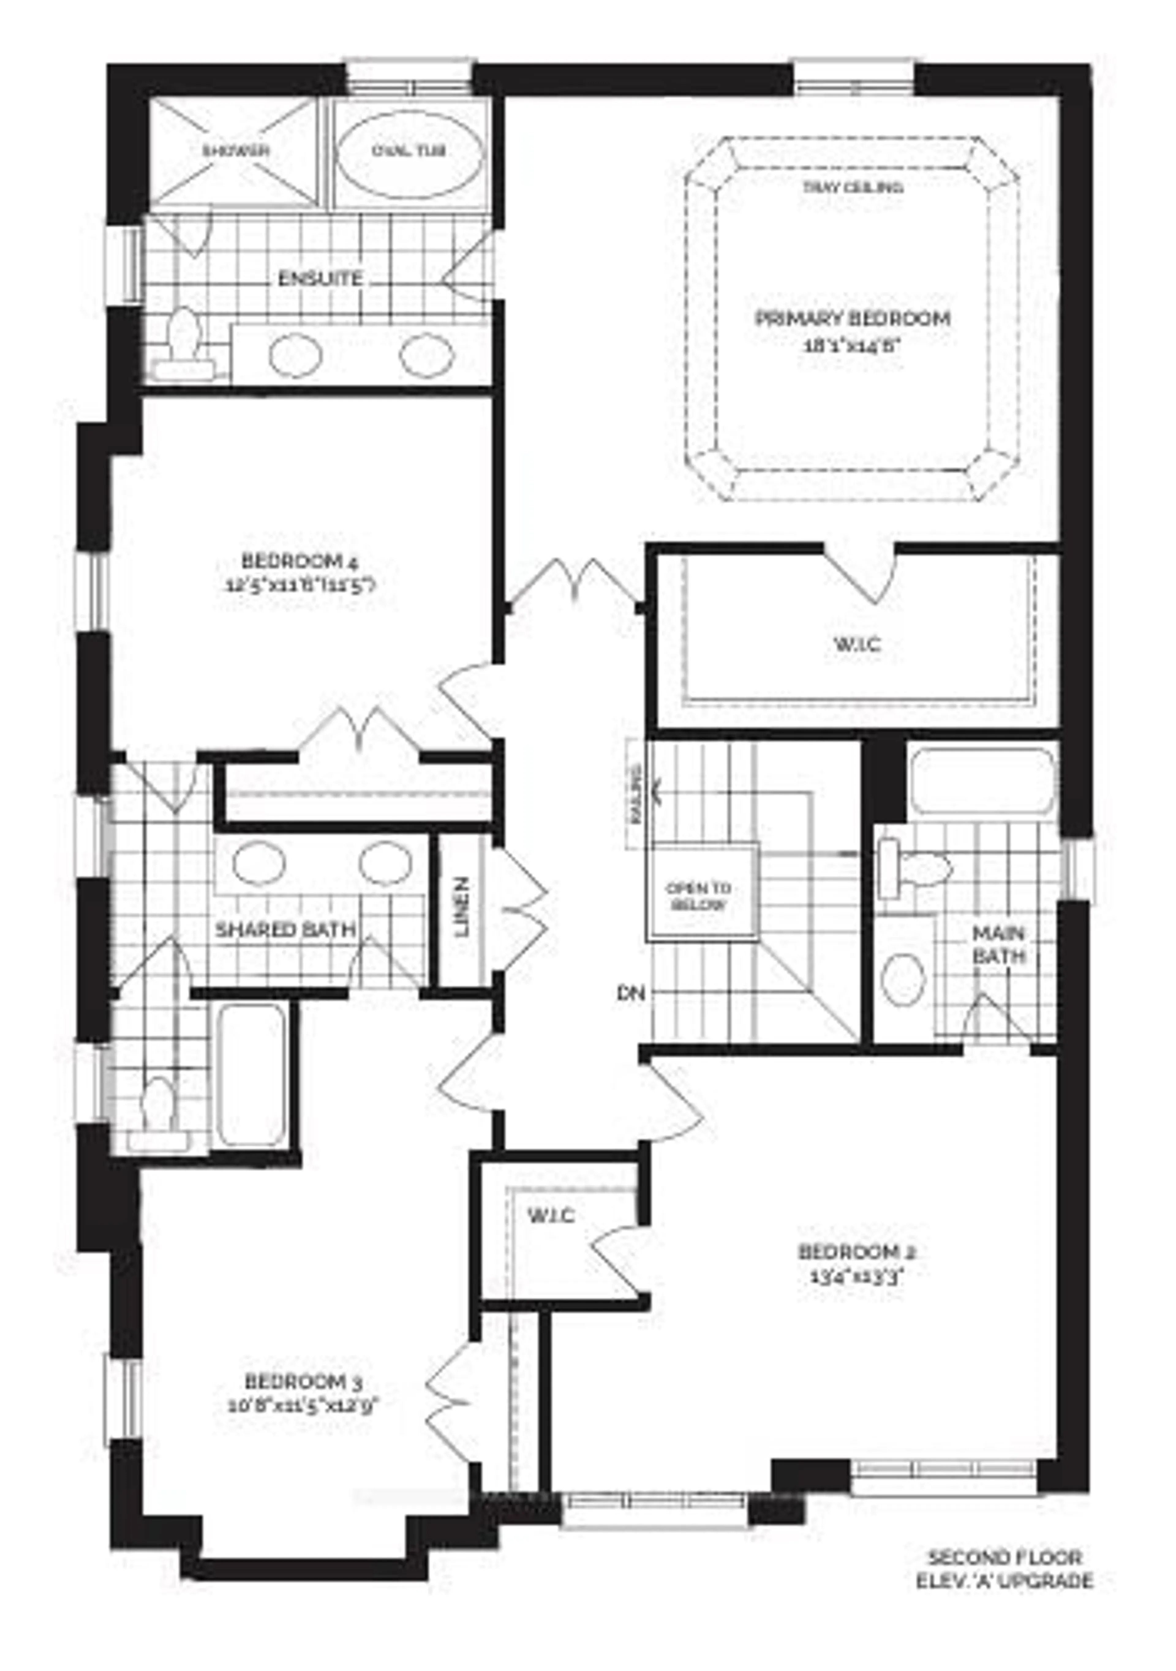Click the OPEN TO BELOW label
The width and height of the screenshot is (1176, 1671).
699,897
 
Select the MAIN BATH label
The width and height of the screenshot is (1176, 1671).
998,945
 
